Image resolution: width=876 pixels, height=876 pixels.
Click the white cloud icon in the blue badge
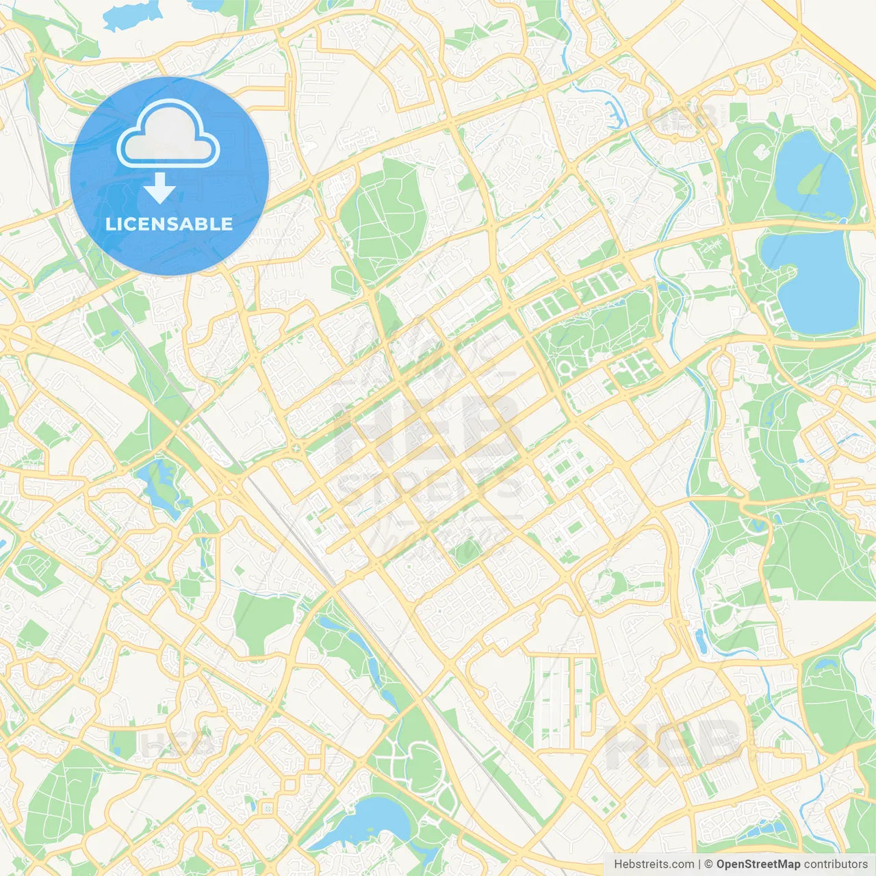(168, 134)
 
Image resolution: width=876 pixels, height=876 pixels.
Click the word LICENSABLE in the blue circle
(169, 224)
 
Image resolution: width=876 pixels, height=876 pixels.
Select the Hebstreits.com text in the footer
(654, 864)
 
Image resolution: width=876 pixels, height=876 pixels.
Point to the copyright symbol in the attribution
(709, 864)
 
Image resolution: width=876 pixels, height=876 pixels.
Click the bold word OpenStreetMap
(758, 864)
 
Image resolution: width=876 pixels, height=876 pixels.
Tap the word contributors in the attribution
(836, 864)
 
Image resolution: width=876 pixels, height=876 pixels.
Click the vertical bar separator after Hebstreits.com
(699, 864)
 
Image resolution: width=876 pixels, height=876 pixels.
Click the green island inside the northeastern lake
(811, 179)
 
